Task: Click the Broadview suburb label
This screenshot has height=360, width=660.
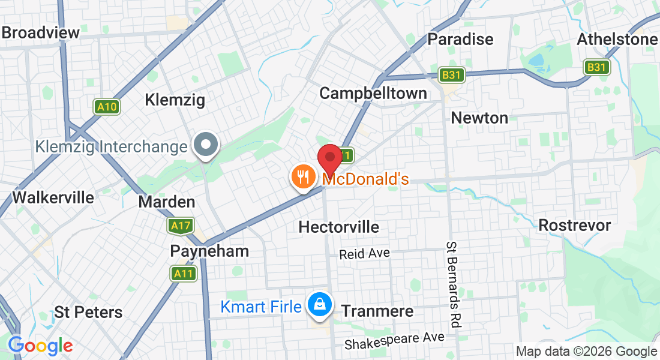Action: pyautogui.click(x=41, y=32)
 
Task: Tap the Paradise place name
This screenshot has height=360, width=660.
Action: pyautogui.click(x=460, y=39)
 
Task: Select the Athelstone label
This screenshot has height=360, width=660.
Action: pyautogui.click(x=617, y=40)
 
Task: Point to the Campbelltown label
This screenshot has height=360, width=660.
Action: pyautogui.click(x=373, y=93)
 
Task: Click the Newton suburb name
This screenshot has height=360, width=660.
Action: pyautogui.click(x=479, y=118)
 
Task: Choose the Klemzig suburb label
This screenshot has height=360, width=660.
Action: pyautogui.click(x=175, y=100)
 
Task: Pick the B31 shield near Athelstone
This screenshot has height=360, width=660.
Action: pyautogui.click(x=596, y=67)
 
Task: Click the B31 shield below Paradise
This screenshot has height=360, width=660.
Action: pyautogui.click(x=451, y=75)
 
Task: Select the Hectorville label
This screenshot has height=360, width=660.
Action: pyautogui.click(x=339, y=227)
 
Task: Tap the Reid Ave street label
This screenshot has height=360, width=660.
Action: pyautogui.click(x=364, y=254)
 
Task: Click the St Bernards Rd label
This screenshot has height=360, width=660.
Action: pyautogui.click(x=453, y=285)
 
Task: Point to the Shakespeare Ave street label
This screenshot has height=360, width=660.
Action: pyautogui.click(x=394, y=341)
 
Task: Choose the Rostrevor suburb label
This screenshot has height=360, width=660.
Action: pyautogui.click(x=574, y=226)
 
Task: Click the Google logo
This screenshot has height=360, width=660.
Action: pyautogui.click(x=40, y=346)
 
